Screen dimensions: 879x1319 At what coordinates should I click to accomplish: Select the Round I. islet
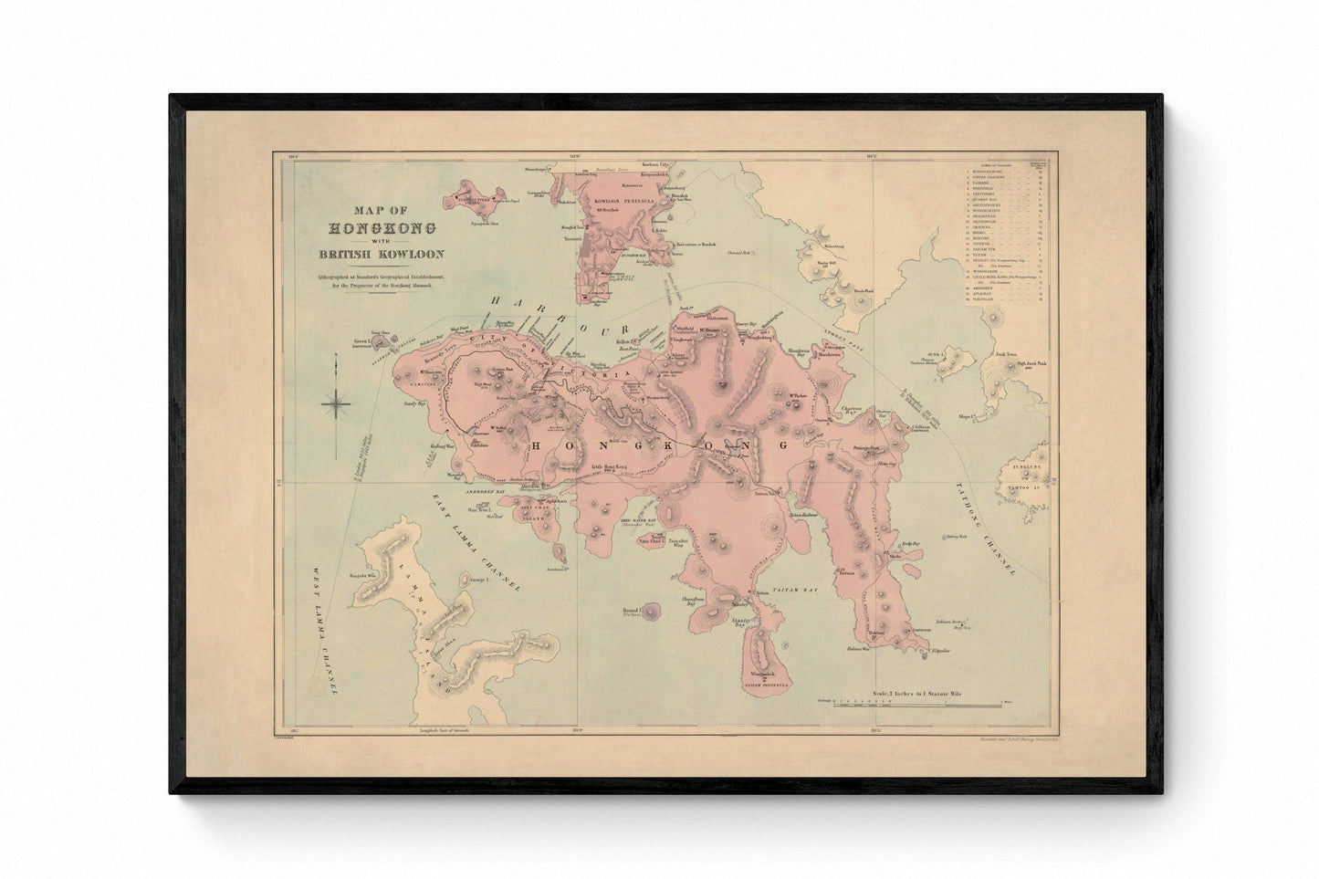(654, 612)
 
